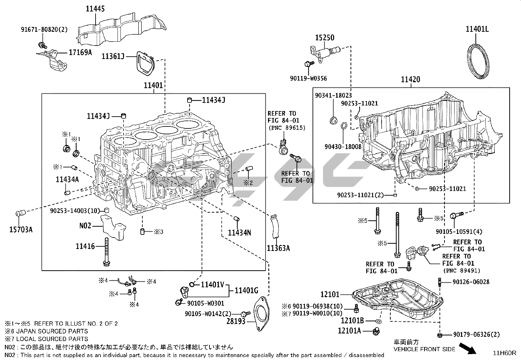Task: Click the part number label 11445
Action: pyautogui.click(x=95, y=9)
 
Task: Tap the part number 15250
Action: pyautogui.click(x=325, y=38)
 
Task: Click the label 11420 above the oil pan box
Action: pyautogui.click(x=411, y=79)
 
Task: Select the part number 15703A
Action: pyautogui.click(x=21, y=229)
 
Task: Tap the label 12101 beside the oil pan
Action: pyautogui.click(x=330, y=295)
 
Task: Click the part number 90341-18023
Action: pyautogui.click(x=333, y=95)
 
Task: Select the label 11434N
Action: pyautogui.click(x=240, y=233)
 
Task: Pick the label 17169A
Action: pyautogui.click(x=80, y=52)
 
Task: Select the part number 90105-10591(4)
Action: pyautogui.click(x=459, y=232)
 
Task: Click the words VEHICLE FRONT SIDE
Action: pyautogui.click(x=424, y=349)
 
